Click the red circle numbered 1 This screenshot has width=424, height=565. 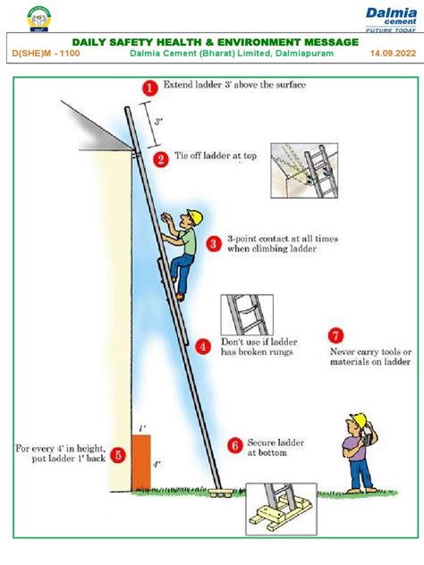click(149, 87)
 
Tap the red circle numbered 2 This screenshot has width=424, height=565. click(161, 159)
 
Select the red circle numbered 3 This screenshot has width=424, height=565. click(214, 243)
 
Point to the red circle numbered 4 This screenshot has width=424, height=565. click(205, 346)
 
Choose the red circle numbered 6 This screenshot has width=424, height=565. click(234, 444)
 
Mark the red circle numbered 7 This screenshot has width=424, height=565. click(335, 336)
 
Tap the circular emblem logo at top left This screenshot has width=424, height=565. click(38, 17)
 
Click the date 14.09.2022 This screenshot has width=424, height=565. click(393, 54)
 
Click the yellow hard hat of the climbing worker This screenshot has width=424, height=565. click(191, 215)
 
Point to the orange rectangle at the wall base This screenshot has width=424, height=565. click(141, 463)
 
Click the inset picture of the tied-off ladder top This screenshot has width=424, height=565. click(301, 170)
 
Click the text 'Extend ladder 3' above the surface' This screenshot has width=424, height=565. click(234, 86)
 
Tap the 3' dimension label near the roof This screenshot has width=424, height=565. click(158, 120)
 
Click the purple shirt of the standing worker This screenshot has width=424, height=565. click(358, 448)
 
